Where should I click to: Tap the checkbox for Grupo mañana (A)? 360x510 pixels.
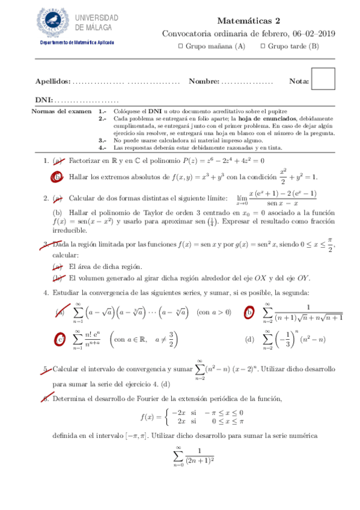pos(182,47)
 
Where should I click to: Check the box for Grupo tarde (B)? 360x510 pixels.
pos(262,47)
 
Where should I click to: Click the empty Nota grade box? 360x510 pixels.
pos(323,79)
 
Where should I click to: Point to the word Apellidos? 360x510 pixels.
pos(53,81)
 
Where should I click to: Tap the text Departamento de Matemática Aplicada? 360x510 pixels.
pos(76,43)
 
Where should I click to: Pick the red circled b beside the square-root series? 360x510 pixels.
pos(248,312)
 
